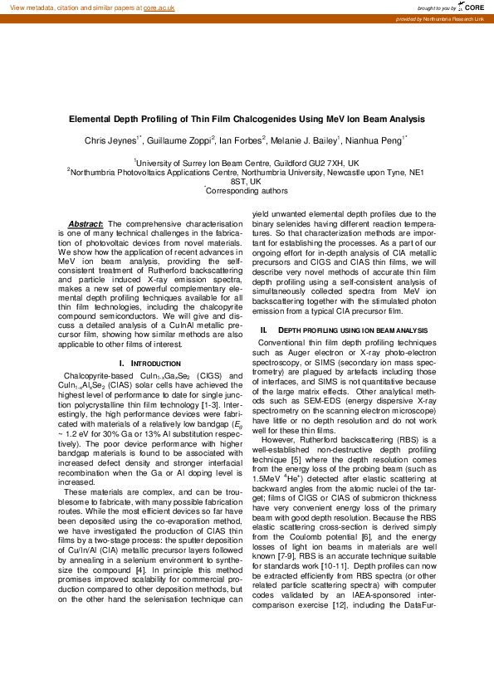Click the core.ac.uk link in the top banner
(159, 7)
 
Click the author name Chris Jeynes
(111, 141)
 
